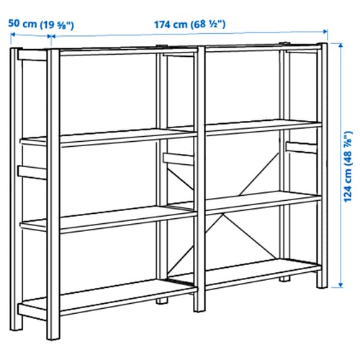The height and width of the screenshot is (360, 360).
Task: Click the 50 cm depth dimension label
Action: coord(41,24)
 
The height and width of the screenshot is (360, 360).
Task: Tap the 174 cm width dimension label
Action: coord(189,24)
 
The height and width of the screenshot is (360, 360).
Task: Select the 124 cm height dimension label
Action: coord(348,166)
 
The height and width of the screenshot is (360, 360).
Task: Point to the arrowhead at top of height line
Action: coord(341,45)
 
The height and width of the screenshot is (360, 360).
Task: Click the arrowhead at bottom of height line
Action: coord(341,285)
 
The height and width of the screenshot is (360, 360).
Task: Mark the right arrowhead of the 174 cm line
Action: coord(325,31)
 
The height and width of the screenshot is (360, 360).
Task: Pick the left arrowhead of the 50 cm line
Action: coord(13,35)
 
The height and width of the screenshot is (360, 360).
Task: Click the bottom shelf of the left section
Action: coord(108,297)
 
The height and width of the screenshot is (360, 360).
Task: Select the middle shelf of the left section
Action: coord(108,219)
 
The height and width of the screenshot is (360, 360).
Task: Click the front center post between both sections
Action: coord(199,179)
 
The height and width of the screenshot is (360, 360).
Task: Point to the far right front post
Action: coord(322,166)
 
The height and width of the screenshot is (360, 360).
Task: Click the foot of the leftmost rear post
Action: coord(17,326)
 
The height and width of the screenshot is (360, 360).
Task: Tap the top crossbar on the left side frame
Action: coord(32,55)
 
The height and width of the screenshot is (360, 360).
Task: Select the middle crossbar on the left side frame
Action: coord(32,172)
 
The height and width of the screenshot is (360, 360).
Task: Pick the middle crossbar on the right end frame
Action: coord(302,148)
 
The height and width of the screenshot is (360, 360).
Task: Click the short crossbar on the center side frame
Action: coord(179,159)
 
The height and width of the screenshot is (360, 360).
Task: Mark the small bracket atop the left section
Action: coord(161,46)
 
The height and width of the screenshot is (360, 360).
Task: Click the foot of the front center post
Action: coord(199,307)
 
